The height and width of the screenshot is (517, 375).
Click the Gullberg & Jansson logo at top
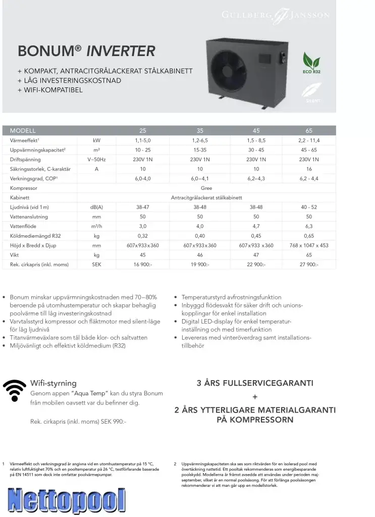tap(276, 16)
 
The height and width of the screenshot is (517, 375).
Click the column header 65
tap(309, 130)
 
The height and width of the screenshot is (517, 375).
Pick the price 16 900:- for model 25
tap(143, 265)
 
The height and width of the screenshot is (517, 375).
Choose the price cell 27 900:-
tap(309, 265)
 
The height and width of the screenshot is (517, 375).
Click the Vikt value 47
tap(256, 255)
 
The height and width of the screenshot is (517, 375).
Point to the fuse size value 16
tap(309, 169)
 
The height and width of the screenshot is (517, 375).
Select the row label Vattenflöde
tap(25, 227)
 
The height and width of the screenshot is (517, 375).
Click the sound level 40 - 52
tap(309, 208)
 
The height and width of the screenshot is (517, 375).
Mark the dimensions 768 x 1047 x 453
tap(309, 245)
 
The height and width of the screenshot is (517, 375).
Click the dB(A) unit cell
tap(96, 208)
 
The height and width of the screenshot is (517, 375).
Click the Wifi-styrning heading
tap(53, 383)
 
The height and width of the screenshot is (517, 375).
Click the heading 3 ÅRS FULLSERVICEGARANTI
tap(255, 383)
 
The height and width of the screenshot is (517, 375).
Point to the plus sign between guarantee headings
tap(255, 397)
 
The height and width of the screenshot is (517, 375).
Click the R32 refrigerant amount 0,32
tap(143, 236)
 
